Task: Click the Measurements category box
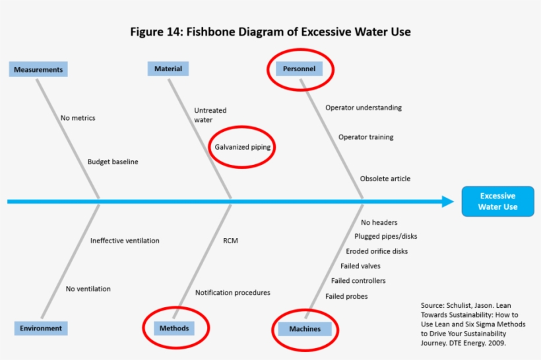tap(38, 69)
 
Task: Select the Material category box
tap(168, 69)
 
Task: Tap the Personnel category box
tap(299, 69)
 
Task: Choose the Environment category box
tap(40, 328)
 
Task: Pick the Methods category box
tap(174, 328)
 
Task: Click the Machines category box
tap(304, 328)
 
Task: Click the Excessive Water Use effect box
tap(497, 201)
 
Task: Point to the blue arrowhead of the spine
tap(448, 202)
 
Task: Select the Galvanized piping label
tap(242, 147)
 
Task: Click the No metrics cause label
tap(78, 118)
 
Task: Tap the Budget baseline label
tap(113, 162)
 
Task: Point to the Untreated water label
tap(210, 115)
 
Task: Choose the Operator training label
tap(366, 137)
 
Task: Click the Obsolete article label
tap(385, 179)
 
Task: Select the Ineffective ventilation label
tap(125, 241)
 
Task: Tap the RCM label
tap(230, 241)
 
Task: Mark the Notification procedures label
tap(232, 293)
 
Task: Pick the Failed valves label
tap(360, 266)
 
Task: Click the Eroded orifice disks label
tap(377, 251)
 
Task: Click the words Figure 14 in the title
tap(158, 32)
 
